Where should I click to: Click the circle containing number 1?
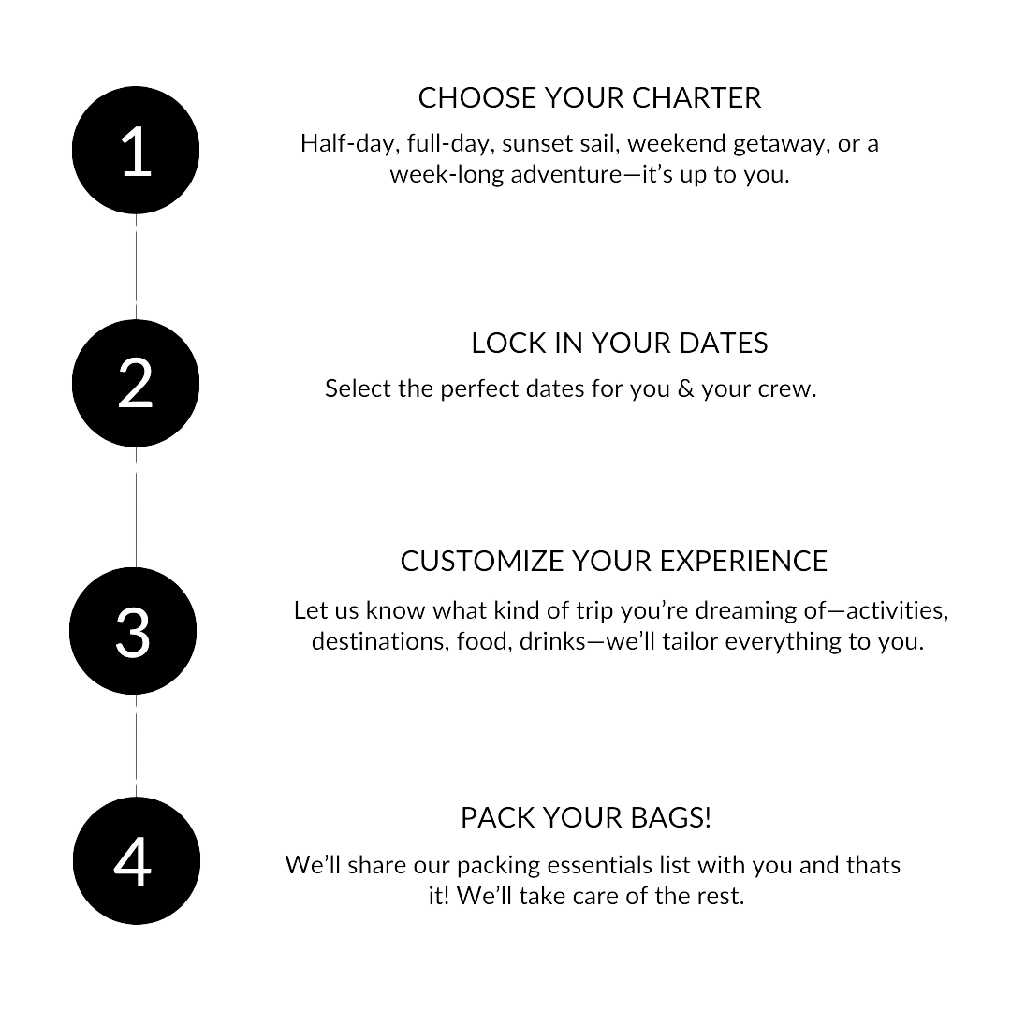pyautogui.click(x=137, y=150)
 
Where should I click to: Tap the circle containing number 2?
pyautogui.click(x=137, y=383)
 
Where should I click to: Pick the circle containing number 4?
pyautogui.click(x=137, y=861)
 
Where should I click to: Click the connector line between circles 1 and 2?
pyautogui.click(x=137, y=267)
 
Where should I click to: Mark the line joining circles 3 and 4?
pyautogui.click(x=137, y=745)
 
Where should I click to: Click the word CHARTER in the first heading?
pyautogui.click(x=696, y=97)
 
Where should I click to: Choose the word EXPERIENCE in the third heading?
pyautogui.click(x=743, y=562)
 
